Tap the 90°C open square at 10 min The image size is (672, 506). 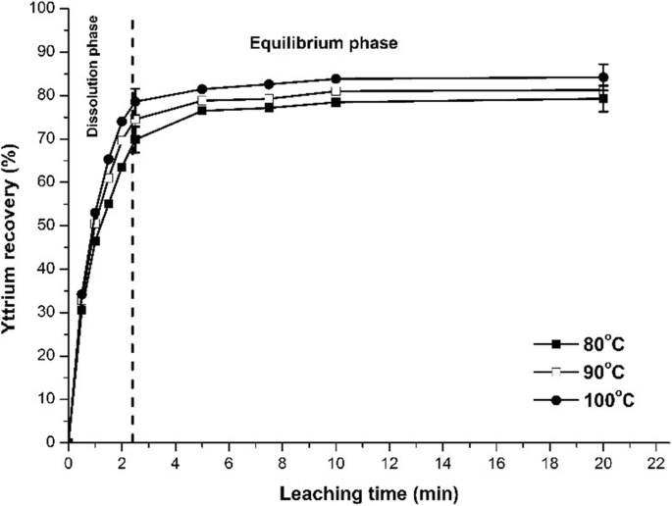[x=336, y=91]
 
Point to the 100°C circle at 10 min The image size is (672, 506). [x=336, y=78]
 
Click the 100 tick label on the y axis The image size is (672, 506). [x=43, y=9]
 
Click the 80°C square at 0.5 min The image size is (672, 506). [x=81, y=310]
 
